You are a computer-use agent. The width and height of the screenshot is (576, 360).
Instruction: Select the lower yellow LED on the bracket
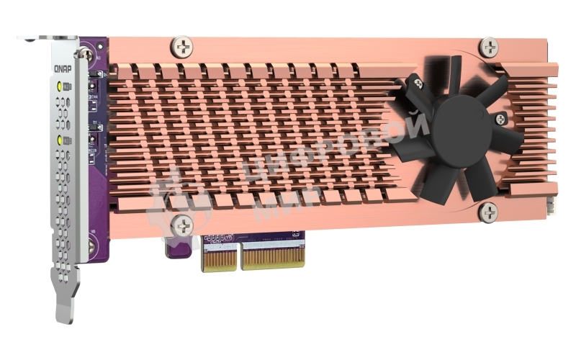point(60,139)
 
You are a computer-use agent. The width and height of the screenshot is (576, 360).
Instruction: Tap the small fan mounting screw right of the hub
point(500,118)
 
